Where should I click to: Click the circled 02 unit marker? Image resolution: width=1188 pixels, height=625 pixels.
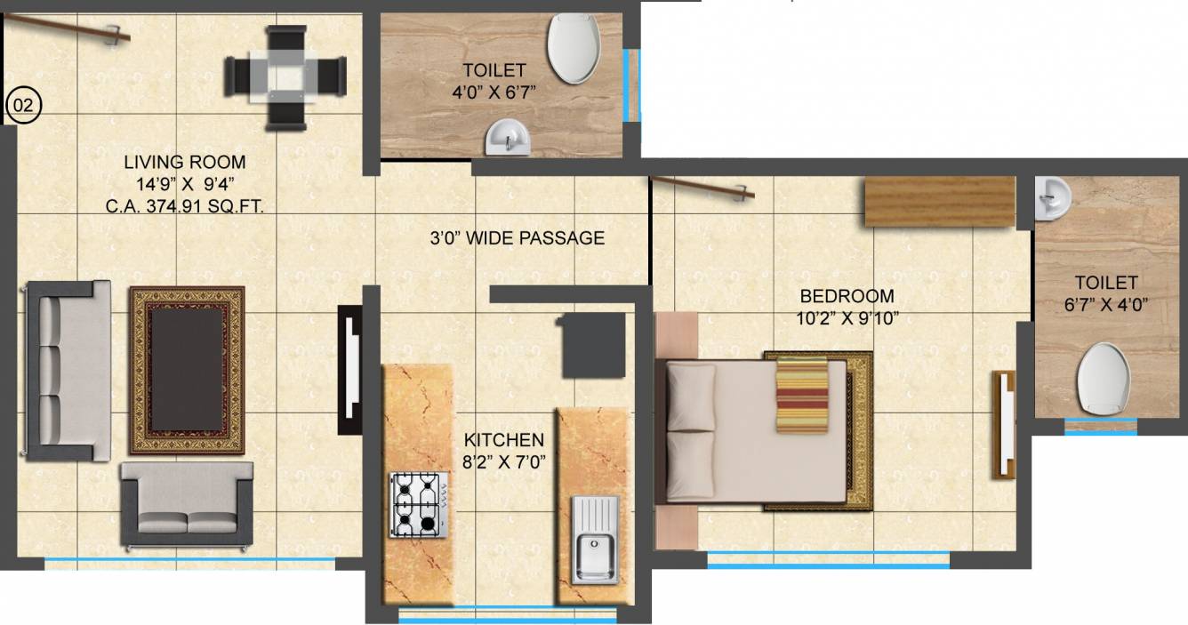pyautogui.click(x=24, y=107)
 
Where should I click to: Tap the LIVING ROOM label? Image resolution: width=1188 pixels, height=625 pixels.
pyautogui.click(x=185, y=163)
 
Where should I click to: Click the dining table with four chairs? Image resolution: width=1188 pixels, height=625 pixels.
pyautogui.click(x=285, y=76)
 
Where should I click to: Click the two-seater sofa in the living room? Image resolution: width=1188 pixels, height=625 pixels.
pyautogui.click(x=187, y=504)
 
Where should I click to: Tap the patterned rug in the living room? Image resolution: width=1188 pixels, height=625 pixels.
pyautogui.click(x=187, y=369)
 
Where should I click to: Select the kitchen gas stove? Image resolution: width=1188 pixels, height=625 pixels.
pyautogui.click(x=417, y=505)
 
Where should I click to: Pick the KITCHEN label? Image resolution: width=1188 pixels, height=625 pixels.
pyautogui.click(x=503, y=440)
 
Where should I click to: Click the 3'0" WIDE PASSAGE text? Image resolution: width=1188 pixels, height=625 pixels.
pyautogui.click(x=517, y=238)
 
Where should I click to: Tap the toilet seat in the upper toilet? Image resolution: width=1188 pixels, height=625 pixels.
pyautogui.click(x=571, y=46)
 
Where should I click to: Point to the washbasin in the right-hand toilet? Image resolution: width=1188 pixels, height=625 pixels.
pyautogui.click(x=1054, y=196)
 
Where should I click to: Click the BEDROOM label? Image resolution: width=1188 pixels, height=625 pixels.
pyautogui.click(x=847, y=297)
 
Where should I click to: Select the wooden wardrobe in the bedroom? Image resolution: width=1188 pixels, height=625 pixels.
pyautogui.click(x=940, y=202)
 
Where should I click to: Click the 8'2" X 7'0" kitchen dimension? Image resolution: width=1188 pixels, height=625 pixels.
pyautogui.click(x=503, y=461)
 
